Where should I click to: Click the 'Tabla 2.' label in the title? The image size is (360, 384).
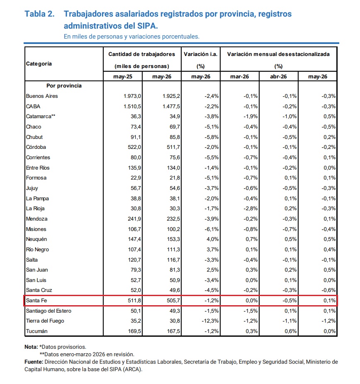[x=39, y=14]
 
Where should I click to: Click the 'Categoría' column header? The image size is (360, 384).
[x=39, y=64]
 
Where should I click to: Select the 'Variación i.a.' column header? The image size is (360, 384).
[x=201, y=54]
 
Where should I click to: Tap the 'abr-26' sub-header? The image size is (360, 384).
[x=278, y=76]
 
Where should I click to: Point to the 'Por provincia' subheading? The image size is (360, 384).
[x=64, y=86]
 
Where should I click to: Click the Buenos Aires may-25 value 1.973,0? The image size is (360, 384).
[x=132, y=96]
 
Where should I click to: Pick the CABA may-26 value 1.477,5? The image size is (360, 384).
[x=171, y=106]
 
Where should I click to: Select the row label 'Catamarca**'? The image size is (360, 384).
[x=41, y=117]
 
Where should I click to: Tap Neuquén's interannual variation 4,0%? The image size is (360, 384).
[x=213, y=239]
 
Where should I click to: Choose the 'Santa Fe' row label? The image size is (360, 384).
[x=36, y=301]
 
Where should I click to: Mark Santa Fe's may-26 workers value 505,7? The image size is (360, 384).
[x=173, y=301]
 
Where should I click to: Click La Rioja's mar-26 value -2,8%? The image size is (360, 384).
[x=251, y=209]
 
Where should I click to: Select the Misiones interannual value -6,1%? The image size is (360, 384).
[x=212, y=229]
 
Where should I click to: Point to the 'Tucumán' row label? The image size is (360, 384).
[x=37, y=331]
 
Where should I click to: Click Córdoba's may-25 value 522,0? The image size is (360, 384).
[x=134, y=147]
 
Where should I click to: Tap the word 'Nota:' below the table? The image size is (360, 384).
[x=31, y=347]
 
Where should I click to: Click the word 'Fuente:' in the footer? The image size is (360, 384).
[x=34, y=362]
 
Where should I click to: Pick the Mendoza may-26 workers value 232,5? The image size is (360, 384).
[x=173, y=219]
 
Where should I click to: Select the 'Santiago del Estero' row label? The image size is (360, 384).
[x=49, y=311]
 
